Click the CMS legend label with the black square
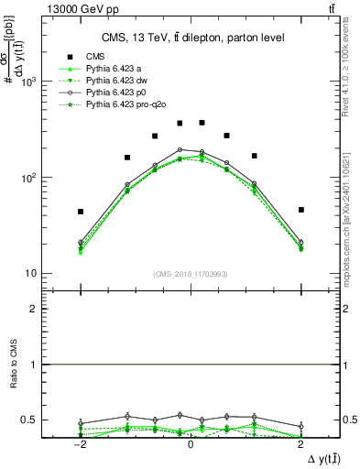[x=95, y=57]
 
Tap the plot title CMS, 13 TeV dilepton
[x=191, y=37]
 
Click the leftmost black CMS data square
[x=81, y=212]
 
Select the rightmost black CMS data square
[x=300, y=210]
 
